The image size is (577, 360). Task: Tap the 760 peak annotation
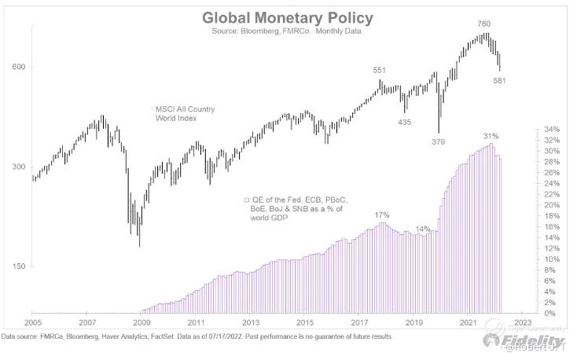coord(483,24)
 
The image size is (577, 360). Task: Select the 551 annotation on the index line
coord(379,72)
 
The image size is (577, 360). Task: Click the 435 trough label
coord(405,122)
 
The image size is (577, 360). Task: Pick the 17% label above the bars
coord(382,215)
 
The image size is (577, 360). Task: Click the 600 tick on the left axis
coord(19,67)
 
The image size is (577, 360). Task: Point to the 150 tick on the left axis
coord(19,267)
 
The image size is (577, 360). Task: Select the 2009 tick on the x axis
coord(141,322)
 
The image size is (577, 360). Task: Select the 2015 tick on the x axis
coord(304,322)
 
